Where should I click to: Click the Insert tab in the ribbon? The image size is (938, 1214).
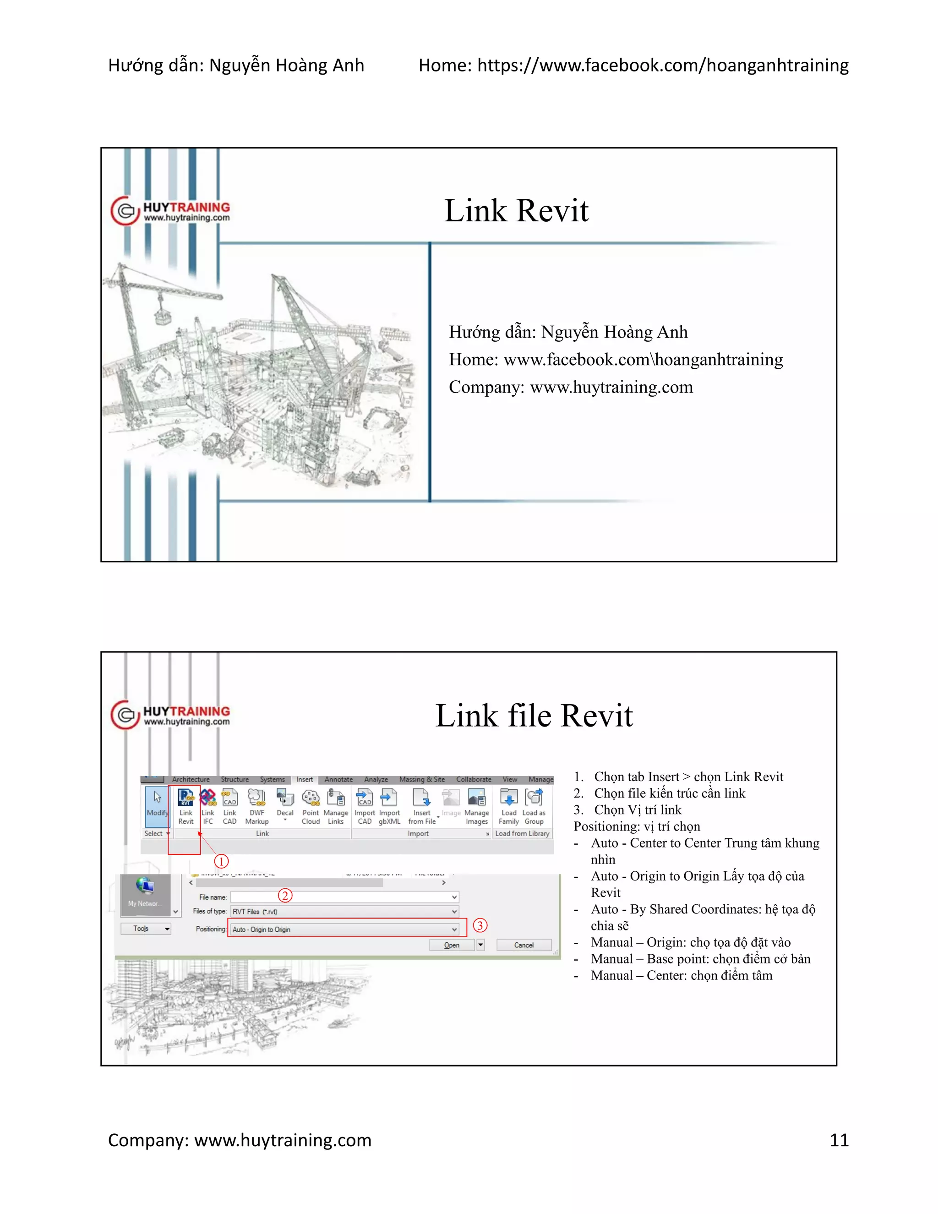(305, 779)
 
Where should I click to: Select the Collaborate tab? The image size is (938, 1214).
(474, 779)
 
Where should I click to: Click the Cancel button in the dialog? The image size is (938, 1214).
(524, 945)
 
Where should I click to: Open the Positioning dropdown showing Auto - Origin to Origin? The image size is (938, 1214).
(344, 930)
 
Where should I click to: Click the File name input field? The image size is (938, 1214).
(344, 897)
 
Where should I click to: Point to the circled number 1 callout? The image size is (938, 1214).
(221, 862)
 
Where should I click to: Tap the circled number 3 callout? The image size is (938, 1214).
(480, 925)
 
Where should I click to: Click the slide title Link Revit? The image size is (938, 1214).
(516, 211)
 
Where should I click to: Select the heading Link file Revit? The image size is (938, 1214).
(534, 716)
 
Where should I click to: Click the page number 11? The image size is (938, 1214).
(839, 1140)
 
